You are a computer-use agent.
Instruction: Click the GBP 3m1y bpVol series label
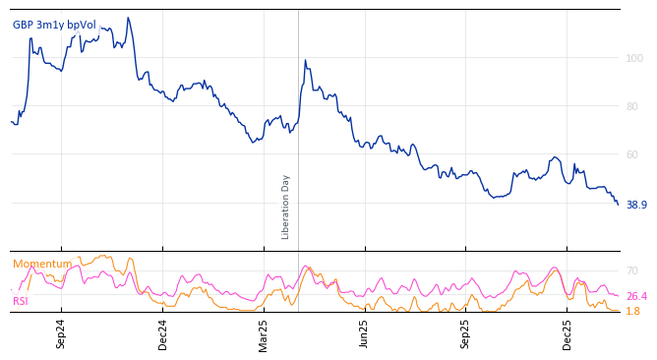[54, 25]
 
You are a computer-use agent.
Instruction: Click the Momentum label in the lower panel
[42, 264]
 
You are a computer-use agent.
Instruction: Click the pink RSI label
[21, 301]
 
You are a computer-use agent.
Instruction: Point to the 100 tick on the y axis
[634, 59]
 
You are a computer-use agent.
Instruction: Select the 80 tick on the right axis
[634, 106]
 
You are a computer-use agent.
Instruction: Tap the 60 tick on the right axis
[634, 154]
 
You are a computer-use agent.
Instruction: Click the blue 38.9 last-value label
[636, 205]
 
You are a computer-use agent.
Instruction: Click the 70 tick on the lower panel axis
[631, 270]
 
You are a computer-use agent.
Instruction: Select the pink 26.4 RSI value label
[636, 296]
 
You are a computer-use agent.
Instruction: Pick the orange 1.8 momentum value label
[632, 311]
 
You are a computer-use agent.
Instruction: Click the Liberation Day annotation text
[286, 207]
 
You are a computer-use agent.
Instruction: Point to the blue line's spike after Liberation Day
[305, 61]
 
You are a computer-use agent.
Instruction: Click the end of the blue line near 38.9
[618, 204]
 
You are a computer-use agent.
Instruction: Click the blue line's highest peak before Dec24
[127, 18]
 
